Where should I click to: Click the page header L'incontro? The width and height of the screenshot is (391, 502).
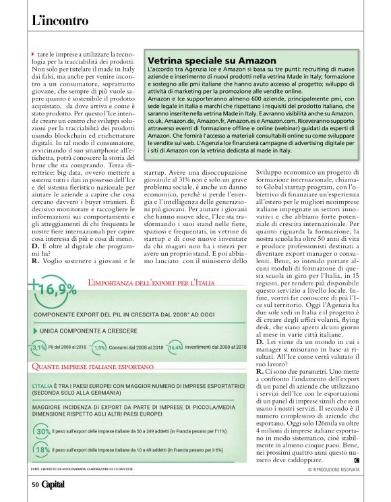pos(60,21)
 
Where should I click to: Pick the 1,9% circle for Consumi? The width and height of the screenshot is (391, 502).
pos(100,347)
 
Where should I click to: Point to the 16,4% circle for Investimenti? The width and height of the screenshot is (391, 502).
pos(175,347)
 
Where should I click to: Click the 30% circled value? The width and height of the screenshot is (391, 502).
pos(43,432)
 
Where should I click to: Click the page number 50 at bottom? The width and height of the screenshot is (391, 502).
pos(34,484)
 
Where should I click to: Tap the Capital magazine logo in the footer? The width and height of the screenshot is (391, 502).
pos(53,484)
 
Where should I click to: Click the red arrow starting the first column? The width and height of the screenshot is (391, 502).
pos(33,53)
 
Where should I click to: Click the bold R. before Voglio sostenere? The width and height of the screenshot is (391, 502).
pos(35,259)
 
